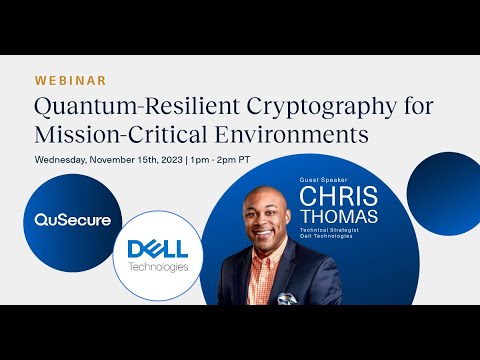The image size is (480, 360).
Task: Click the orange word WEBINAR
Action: pos(70,80)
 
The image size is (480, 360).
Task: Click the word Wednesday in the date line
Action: pos(66,159)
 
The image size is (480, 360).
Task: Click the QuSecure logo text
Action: pos(73,219)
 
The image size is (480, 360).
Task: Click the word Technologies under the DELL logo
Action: pos(158,267)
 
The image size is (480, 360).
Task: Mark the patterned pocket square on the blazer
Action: pos(287,298)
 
